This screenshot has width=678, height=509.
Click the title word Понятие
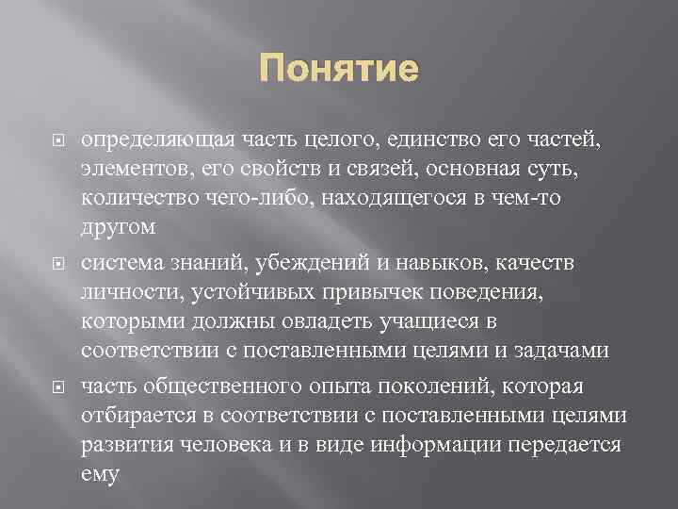338,71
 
